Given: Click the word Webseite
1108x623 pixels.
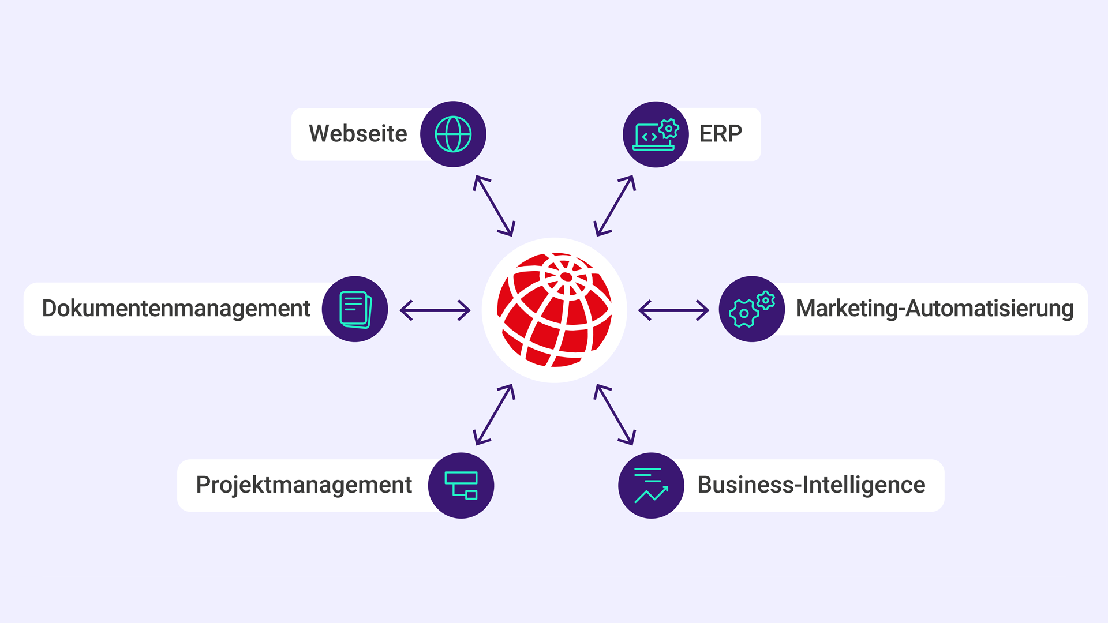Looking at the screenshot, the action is click(x=358, y=134).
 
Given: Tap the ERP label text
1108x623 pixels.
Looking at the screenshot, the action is click(x=721, y=134).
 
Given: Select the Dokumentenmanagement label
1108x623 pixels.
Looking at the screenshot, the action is click(x=176, y=309).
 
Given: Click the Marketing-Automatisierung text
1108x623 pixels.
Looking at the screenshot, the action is click(x=934, y=309).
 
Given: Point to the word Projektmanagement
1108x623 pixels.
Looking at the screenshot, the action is click(x=304, y=485).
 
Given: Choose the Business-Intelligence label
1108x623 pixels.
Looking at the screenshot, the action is click(x=811, y=485).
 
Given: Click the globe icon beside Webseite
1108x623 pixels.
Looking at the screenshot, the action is click(x=453, y=134).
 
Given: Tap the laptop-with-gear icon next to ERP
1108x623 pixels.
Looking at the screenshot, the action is click(x=656, y=134).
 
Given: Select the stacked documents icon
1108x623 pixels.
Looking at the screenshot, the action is click(x=355, y=310).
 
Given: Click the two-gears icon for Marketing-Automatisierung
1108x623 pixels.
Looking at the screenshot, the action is click(x=751, y=310).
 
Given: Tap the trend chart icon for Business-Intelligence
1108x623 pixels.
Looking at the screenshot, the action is click(x=651, y=486).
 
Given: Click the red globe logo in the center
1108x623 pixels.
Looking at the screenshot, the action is click(x=555, y=310).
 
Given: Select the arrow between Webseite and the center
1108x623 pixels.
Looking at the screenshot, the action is click(x=494, y=206).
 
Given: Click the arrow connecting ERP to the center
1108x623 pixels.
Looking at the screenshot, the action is click(x=615, y=206).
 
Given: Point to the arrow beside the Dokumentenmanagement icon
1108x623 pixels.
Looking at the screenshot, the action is click(x=435, y=310).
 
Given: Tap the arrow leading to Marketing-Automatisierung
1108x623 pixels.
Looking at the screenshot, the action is click(x=673, y=310).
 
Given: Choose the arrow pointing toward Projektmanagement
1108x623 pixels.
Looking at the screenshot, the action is click(x=494, y=414).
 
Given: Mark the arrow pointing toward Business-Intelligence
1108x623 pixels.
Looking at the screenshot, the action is click(x=615, y=414).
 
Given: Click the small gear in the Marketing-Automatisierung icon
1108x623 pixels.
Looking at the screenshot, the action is click(x=766, y=301).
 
